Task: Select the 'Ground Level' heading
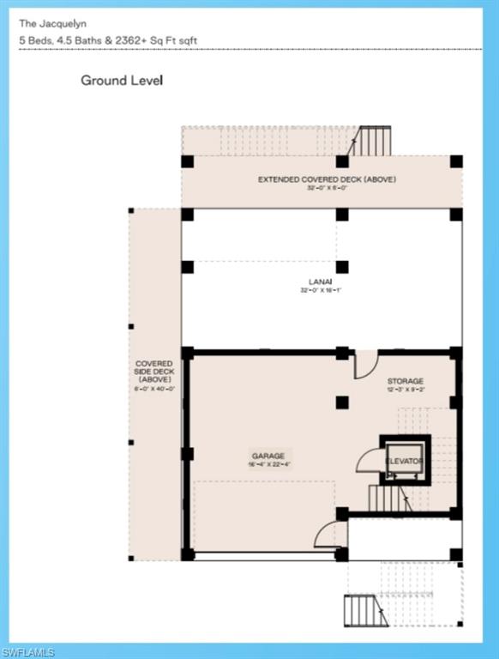coord(122,81)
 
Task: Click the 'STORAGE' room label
coord(405,381)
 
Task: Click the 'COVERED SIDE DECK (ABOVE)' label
coord(154,372)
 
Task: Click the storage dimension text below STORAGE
coord(405,390)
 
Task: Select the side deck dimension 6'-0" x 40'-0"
coord(154,388)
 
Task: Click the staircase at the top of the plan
coord(374,141)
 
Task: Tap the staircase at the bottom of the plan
coord(360,610)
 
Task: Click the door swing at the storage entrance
coord(366,364)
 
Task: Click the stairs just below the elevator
coord(387,498)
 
